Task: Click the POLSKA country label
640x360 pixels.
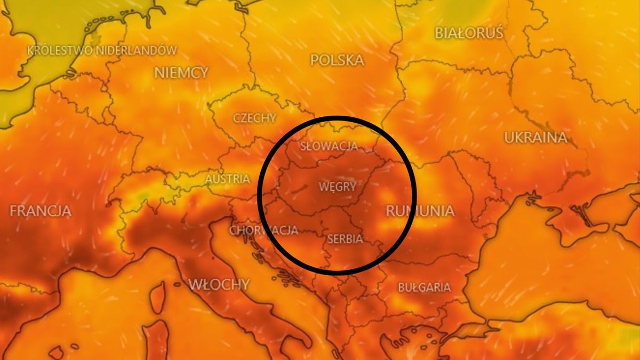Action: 337,60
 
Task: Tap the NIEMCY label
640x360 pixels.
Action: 181,73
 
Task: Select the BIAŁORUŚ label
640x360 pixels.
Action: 469,33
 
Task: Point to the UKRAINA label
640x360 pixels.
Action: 535,138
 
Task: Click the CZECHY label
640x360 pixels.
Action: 254,118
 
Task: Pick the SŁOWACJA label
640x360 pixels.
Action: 329,146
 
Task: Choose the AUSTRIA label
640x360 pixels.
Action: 228,179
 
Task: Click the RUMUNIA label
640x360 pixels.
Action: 420,211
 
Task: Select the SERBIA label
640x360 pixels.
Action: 345,239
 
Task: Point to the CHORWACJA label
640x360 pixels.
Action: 263,230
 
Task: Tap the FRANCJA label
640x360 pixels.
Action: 41,210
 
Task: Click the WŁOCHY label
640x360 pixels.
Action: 219,284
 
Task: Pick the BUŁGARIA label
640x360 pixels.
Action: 425,287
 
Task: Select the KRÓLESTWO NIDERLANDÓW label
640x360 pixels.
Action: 102,51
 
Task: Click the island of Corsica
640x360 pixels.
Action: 156,297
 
